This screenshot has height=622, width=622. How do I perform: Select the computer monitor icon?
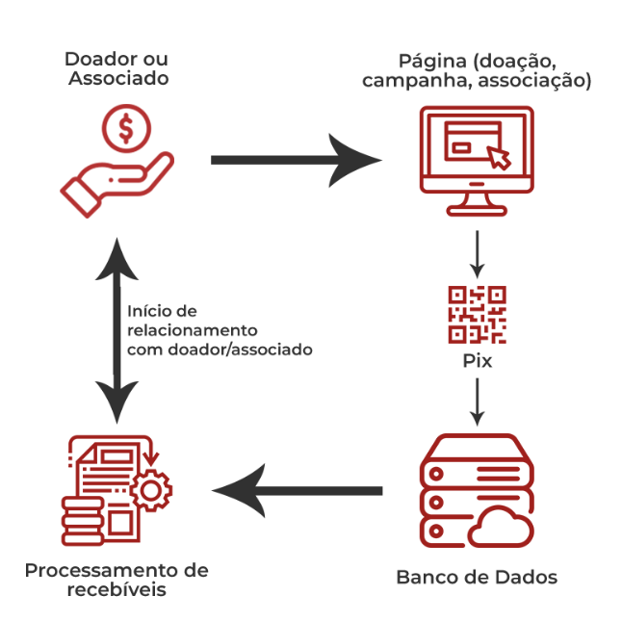[477, 159]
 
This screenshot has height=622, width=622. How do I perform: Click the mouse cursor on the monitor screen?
[498, 156]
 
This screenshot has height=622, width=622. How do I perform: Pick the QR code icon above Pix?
[477, 315]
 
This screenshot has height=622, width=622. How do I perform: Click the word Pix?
[477, 362]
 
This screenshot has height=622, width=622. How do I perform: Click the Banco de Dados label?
[477, 578]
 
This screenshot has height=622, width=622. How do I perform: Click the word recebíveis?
[117, 589]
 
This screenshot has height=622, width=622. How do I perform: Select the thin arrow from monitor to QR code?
[477, 253]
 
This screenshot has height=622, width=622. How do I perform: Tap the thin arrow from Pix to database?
[477, 400]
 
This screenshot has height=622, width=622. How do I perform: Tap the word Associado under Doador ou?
[118, 78]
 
